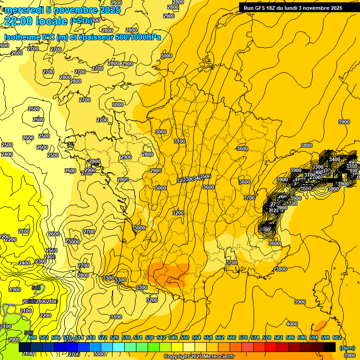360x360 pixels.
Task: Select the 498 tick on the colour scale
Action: point(32,338)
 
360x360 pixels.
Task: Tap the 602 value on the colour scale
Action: point(337,338)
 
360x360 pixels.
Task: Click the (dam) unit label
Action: point(347,348)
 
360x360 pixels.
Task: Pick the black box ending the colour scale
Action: point(330,347)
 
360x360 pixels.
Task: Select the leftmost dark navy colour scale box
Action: point(25,347)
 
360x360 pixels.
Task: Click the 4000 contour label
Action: point(292,324)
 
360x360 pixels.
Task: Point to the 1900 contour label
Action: point(15,290)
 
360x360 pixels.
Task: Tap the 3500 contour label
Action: point(205,177)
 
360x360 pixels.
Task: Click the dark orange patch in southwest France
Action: point(169,274)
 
